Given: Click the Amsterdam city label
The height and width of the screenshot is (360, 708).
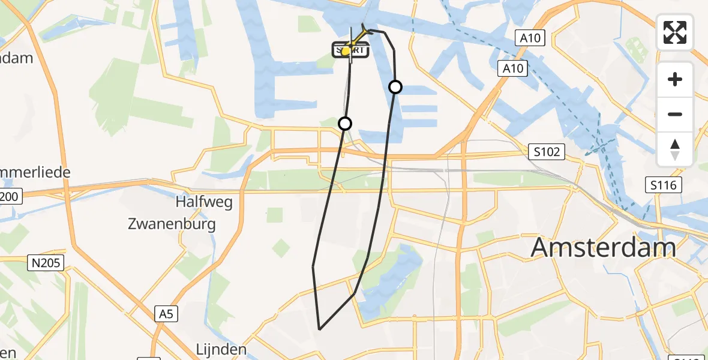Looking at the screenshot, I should click(604, 247).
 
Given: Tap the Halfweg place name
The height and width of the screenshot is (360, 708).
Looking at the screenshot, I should click(204, 202).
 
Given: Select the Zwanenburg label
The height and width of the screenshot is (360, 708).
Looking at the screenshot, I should click(172, 224).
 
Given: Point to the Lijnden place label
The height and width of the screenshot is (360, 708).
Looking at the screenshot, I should click(221, 350).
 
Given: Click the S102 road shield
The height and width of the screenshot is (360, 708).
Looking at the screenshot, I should click(547, 152).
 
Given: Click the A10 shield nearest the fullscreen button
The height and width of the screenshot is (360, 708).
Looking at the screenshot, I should click(531, 38).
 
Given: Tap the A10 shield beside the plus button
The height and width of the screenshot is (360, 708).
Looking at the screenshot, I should click(513, 68).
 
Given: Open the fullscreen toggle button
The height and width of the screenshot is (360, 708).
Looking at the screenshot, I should click(675, 32).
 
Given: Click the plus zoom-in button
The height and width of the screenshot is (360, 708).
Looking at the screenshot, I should click(675, 80).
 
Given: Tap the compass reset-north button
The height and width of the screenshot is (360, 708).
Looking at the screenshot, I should click(675, 149).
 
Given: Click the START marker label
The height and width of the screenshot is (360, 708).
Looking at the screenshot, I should click(350, 50).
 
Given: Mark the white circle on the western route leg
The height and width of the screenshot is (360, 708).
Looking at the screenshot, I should click(345, 124).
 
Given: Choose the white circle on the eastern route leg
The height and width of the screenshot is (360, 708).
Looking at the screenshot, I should click(395, 87).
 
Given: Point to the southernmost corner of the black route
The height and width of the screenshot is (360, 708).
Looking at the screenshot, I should click(320, 329).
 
